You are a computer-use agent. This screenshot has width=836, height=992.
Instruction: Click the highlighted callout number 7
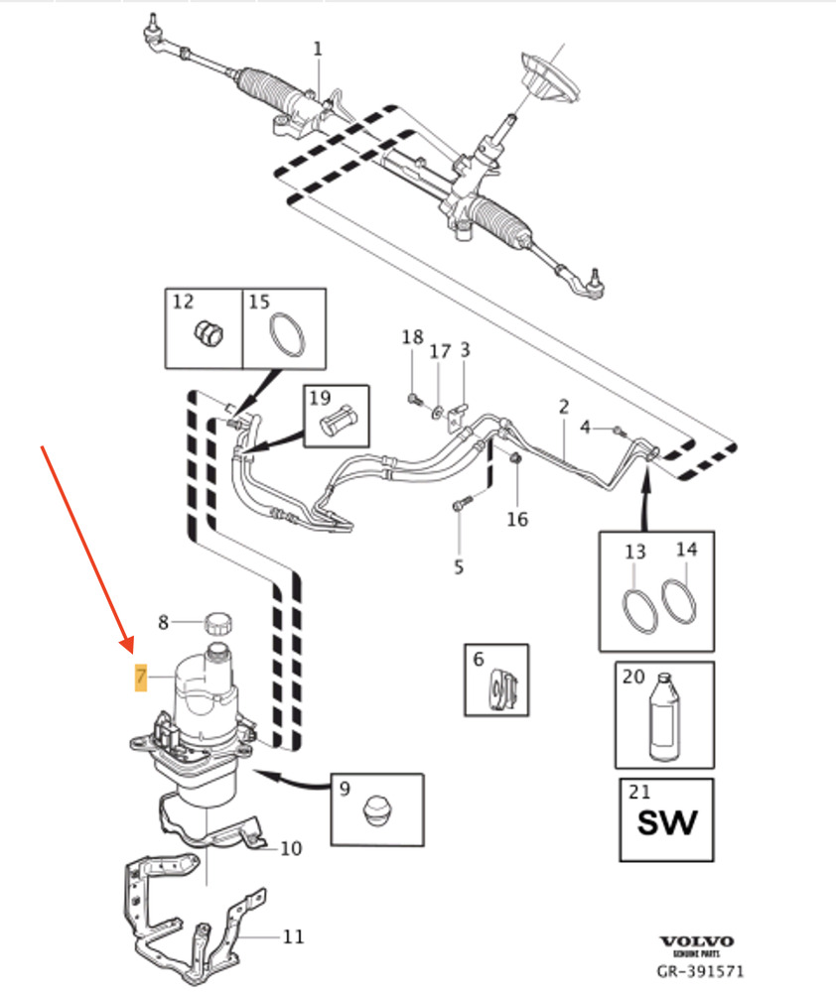(141, 679)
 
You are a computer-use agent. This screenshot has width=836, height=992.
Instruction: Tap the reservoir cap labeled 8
(218, 624)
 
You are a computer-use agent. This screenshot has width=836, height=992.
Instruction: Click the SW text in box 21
(666, 821)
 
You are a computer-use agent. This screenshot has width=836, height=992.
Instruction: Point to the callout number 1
(318, 48)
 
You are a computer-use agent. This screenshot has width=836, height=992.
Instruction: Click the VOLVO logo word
(697, 941)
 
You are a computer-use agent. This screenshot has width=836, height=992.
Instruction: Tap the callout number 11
(293, 936)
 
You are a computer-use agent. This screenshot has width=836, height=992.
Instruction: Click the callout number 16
(517, 519)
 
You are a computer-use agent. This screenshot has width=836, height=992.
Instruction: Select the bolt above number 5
(458, 505)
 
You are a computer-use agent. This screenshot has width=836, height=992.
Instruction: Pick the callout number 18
(412, 338)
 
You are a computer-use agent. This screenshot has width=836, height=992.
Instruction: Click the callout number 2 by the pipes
(563, 406)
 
